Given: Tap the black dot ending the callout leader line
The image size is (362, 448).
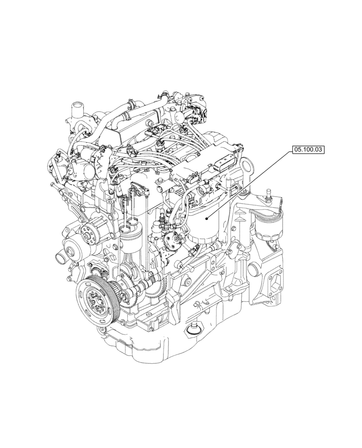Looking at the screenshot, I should pos(206,219).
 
